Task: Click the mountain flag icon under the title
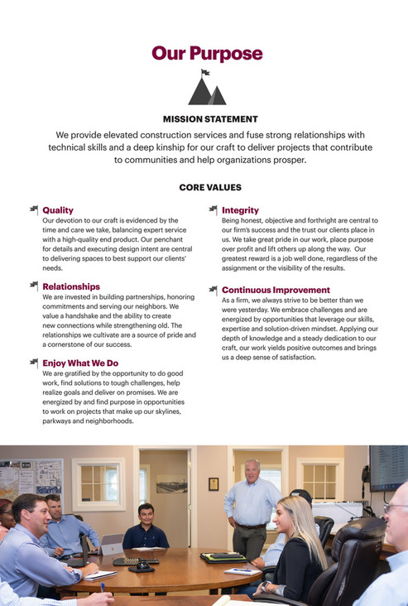[x=206, y=88]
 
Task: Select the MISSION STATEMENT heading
[x=210, y=119]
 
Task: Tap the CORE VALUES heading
[x=210, y=188]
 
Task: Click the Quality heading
[x=58, y=210]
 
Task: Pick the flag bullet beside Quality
[x=34, y=209]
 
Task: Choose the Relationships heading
[x=71, y=286]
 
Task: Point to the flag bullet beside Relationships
[x=34, y=286]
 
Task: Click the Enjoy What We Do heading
[x=80, y=363]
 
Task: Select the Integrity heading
[x=240, y=210]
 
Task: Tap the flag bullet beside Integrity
[x=214, y=209]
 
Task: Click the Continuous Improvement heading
[x=276, y=290]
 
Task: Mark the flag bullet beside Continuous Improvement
[x=214, y=290]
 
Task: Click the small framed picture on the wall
[x=214, y=483]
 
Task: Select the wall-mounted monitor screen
[x=388, y=467]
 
